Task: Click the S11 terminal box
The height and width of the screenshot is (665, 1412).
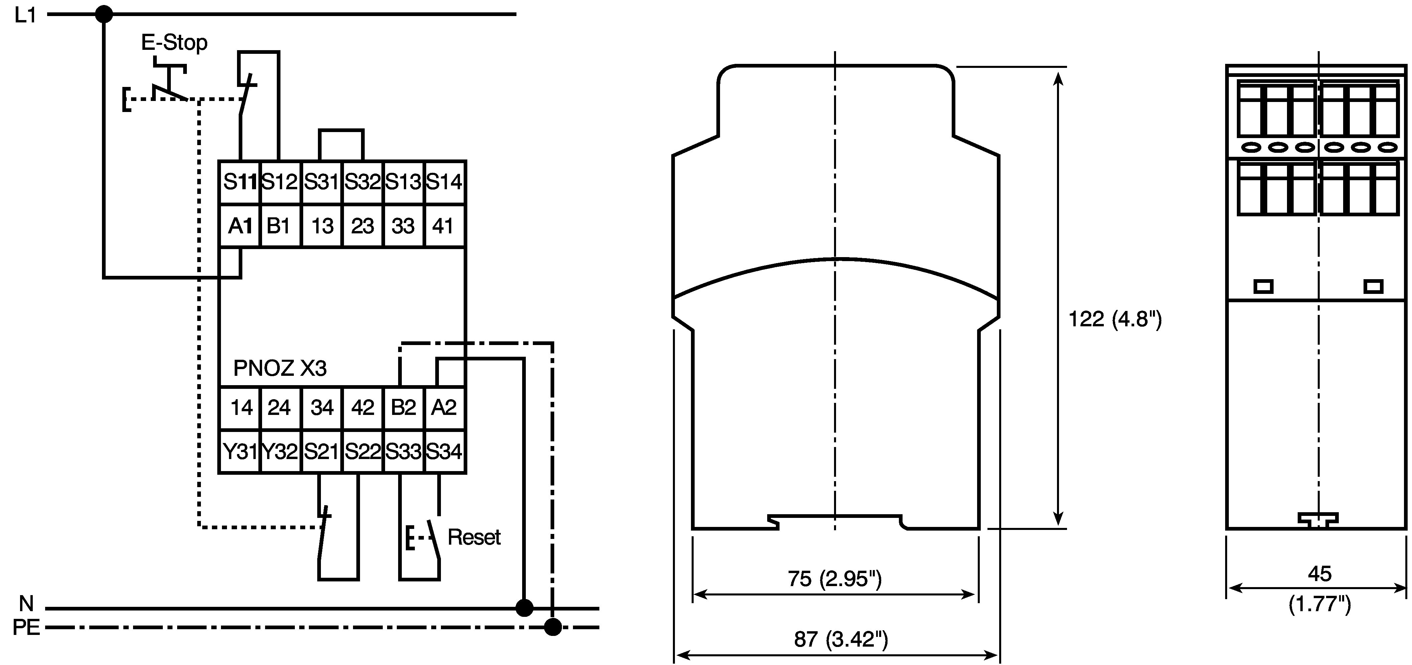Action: pos(240,182)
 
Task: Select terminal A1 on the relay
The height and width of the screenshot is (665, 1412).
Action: pos(240,225)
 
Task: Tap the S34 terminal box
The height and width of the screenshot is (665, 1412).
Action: pos(445,451)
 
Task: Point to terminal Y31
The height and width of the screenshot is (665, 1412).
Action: pos(240,451)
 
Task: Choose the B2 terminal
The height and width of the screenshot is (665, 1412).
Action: pos(403,407)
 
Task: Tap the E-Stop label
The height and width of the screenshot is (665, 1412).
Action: pos(174,42)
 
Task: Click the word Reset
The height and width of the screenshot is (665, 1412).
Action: pos(474,537)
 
